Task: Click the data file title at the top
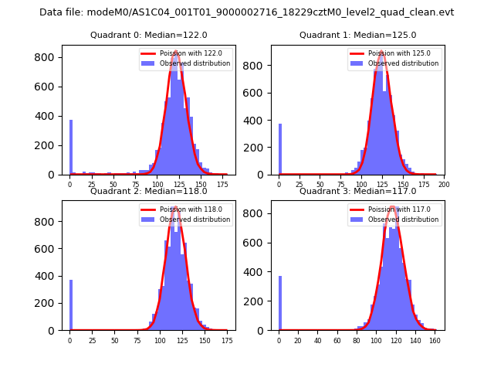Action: point(246,12)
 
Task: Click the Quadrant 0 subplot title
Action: point(149,35)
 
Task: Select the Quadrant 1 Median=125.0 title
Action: point(358,35)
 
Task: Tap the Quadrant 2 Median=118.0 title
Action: point(149,191)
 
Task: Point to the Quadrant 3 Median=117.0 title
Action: point(358,191)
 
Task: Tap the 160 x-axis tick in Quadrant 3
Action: point(435,340)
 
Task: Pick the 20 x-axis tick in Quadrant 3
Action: point(299,340)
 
